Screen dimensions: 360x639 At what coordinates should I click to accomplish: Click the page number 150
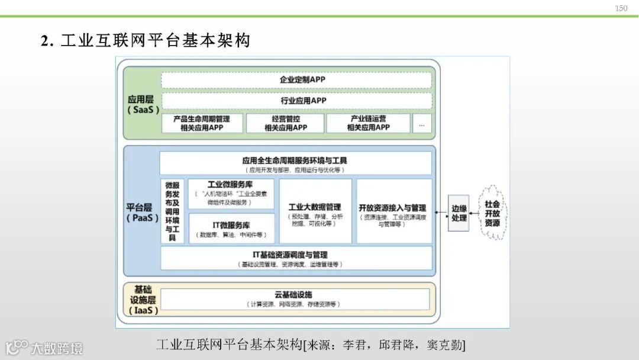click(x=621, y=8)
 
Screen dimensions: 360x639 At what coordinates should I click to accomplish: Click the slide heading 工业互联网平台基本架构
click(x=146, y=40)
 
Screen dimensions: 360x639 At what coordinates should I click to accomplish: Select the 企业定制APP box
click(x=296, y=80)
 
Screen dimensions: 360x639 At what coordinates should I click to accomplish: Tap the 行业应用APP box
click(x=296, y=101)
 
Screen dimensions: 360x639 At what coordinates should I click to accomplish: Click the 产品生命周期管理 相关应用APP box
click(x=202, y=123)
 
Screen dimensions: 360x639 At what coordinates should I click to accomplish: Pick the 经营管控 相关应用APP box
click(x=285, y=123)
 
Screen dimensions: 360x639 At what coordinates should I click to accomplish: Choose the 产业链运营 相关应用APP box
click(x=369, y=123)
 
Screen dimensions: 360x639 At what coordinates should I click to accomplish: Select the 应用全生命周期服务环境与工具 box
click(x=296, y=163)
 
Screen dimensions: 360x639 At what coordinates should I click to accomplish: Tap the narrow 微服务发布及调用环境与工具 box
click(x=172, y=211)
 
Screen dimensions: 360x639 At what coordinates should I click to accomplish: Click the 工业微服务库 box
click(x=231, y=194)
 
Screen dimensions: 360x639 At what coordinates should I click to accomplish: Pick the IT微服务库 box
click(x=231, y=229)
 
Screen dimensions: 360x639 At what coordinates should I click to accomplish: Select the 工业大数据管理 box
click(x=315, y=211)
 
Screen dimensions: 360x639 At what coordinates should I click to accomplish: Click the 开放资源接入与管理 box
click(x=393, y=211)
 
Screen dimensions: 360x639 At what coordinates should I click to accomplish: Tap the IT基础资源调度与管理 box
click(x=296, y=259)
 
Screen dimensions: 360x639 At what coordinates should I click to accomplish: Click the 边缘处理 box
click(x=459, y=213)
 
